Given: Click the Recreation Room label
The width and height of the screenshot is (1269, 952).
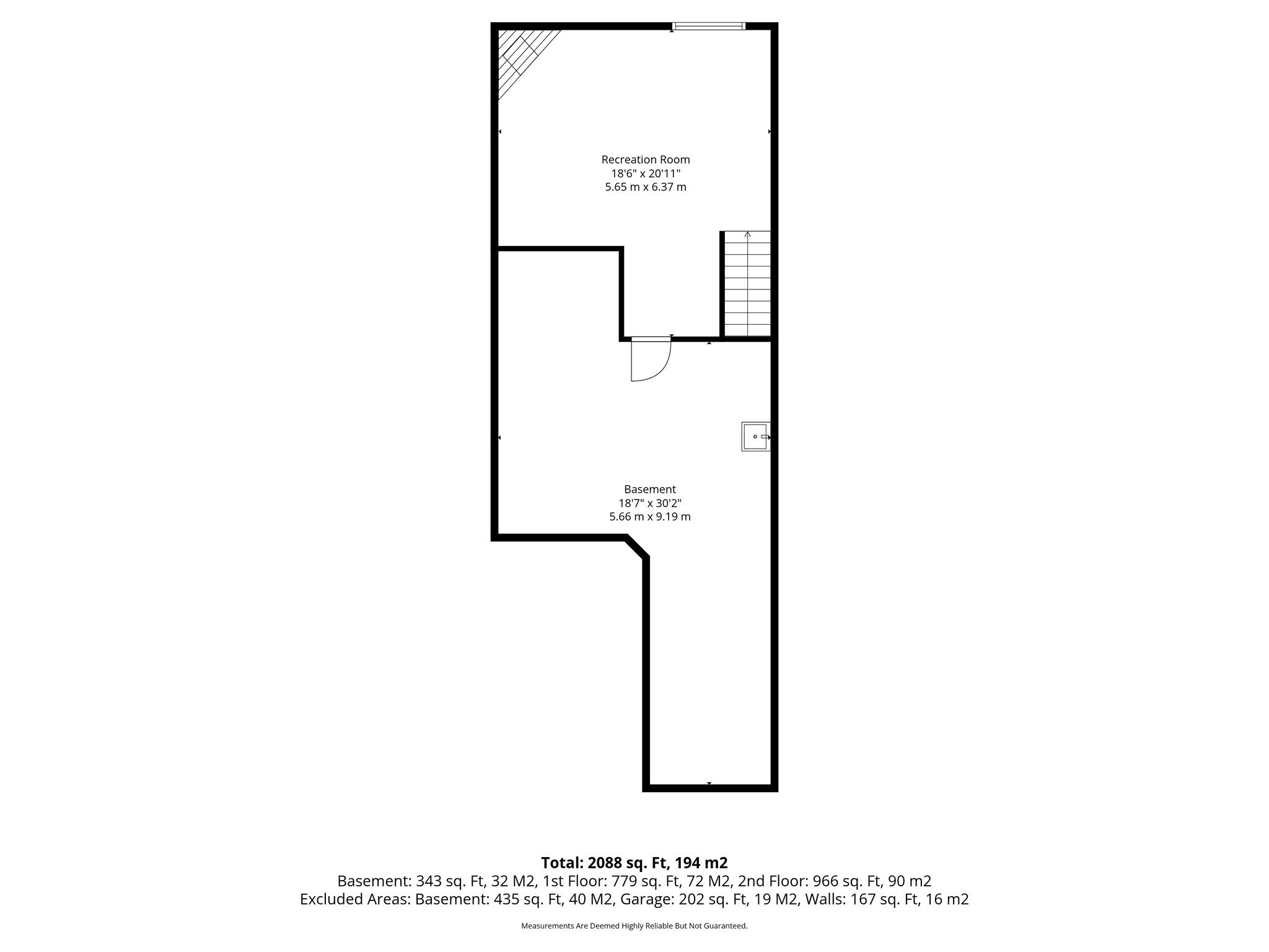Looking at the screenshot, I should [646, 160].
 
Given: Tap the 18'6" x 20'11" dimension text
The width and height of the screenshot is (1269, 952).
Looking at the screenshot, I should [646, 174].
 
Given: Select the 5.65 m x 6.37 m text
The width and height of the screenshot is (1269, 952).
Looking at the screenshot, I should [646, 187].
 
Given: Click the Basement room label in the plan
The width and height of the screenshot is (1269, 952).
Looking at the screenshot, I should [649, 490].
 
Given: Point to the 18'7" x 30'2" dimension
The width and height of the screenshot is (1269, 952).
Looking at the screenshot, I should [649, 503].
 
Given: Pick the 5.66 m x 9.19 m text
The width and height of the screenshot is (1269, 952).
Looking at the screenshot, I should [649, 517].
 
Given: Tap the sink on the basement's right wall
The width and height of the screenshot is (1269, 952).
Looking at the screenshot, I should [755, 437].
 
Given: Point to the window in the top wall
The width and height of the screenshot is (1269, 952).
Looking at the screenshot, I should [709, 26].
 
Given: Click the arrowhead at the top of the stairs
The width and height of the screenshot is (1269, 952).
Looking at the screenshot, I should [748, 234].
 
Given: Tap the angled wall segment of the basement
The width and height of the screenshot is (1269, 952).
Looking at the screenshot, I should [638, 547].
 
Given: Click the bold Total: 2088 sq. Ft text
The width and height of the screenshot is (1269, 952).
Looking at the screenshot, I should [634, 863].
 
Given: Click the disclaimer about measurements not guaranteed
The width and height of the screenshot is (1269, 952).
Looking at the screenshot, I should [634, 926].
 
